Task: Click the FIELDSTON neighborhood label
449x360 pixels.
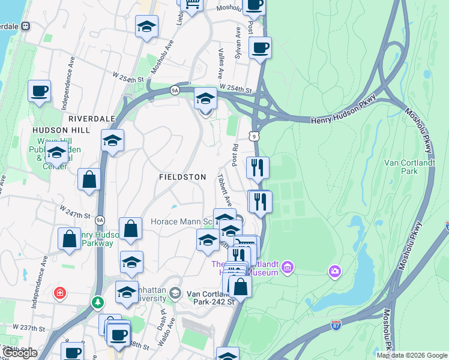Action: coord(182,177)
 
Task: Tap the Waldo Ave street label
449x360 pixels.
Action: coord(171,330)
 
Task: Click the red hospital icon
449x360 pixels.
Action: coord(59,293)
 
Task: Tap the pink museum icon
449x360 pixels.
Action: coord(288,266)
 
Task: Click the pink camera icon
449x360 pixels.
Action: coord(334,272)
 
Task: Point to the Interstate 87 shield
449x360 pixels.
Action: coord(337,325)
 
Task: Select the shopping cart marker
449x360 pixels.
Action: coord(192,5)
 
